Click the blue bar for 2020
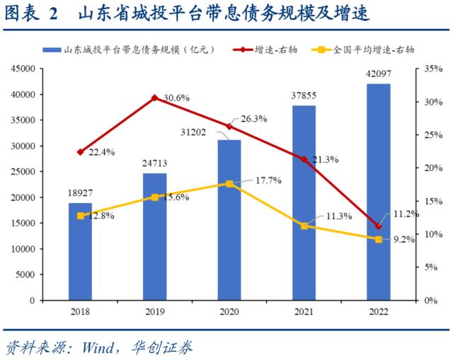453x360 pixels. tap(229, 220)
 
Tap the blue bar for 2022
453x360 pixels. tap(379, 192)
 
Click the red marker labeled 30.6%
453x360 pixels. tap(154, 97)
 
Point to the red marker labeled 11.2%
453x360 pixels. tap(379, 226)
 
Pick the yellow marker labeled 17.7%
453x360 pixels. tap(229, 183)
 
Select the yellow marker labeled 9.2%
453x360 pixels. tap(379, 240)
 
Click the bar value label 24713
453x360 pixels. tap(155, 165)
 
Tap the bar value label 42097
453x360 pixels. tap(379, 74)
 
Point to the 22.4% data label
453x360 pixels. tap(102, 152)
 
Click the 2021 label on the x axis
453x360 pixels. tap(304, 311)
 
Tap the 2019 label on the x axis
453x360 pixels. tap(154, 311)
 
